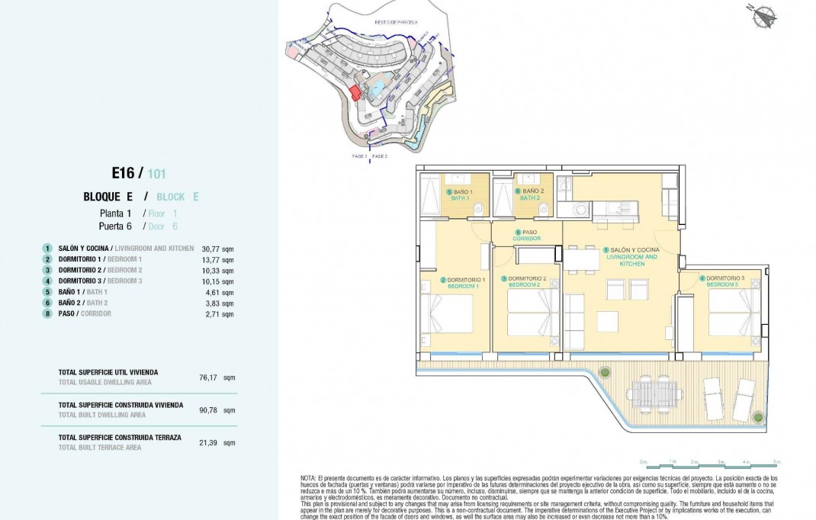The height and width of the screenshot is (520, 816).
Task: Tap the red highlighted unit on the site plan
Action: [x=355, y=91]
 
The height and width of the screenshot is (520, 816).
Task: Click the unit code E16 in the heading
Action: [x=122, y=173]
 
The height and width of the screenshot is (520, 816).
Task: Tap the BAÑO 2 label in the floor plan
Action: [x=531, y=194]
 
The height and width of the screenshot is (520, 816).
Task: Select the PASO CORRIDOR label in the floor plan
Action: [x=527, y=236]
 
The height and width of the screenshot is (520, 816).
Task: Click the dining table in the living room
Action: [x=583, y=260]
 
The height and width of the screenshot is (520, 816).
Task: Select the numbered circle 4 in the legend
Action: [x=47, y=281]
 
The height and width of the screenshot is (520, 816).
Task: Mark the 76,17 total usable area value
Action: [x=207, y=377]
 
